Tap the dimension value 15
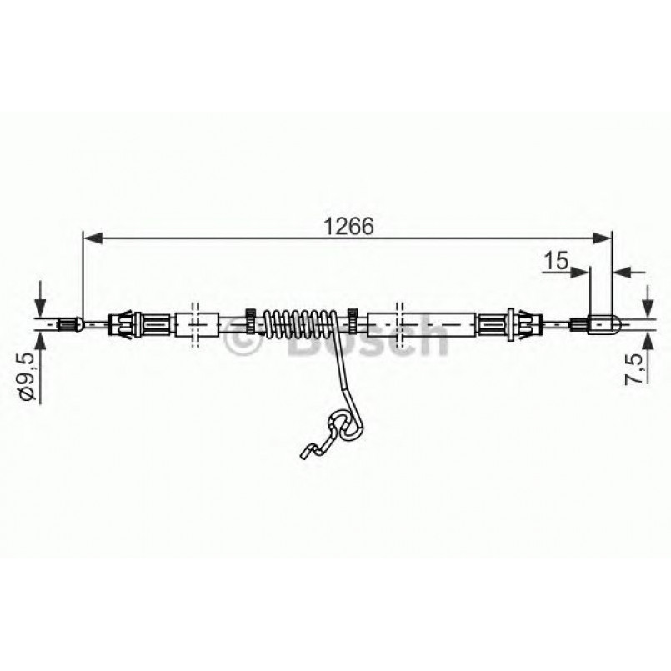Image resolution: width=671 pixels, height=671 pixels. (556, 261)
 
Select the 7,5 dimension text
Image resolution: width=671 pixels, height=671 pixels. (636, 368)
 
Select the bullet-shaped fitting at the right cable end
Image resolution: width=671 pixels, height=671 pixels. (603, 323)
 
